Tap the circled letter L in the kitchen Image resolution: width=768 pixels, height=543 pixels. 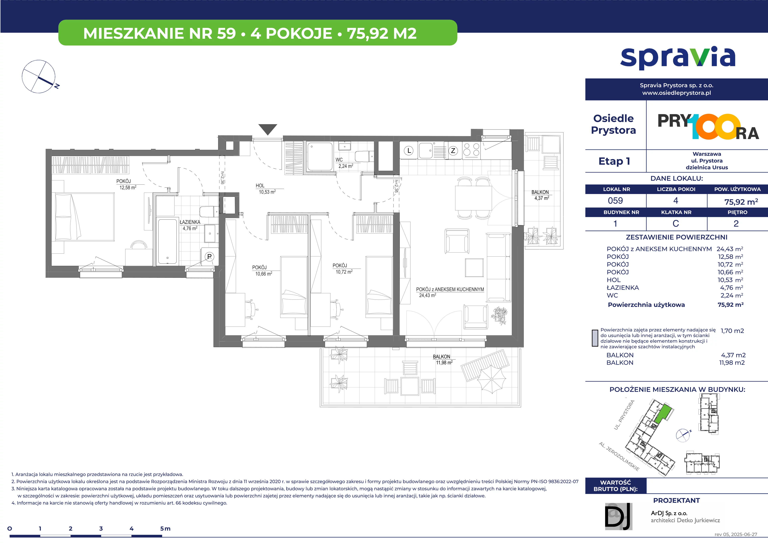tap(409, 151)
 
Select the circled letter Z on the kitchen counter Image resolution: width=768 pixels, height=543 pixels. tap(453, 151)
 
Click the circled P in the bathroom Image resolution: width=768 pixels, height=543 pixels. tap(209, 257)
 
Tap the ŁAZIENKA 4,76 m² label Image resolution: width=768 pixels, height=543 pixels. tap(190, 225)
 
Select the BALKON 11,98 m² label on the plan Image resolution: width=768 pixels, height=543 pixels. tap(443, 360)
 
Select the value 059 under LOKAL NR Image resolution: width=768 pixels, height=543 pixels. tap(615, 201)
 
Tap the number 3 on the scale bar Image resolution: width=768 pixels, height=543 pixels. tap(101, 529)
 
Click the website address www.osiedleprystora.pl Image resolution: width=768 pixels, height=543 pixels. tap(676, 93)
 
